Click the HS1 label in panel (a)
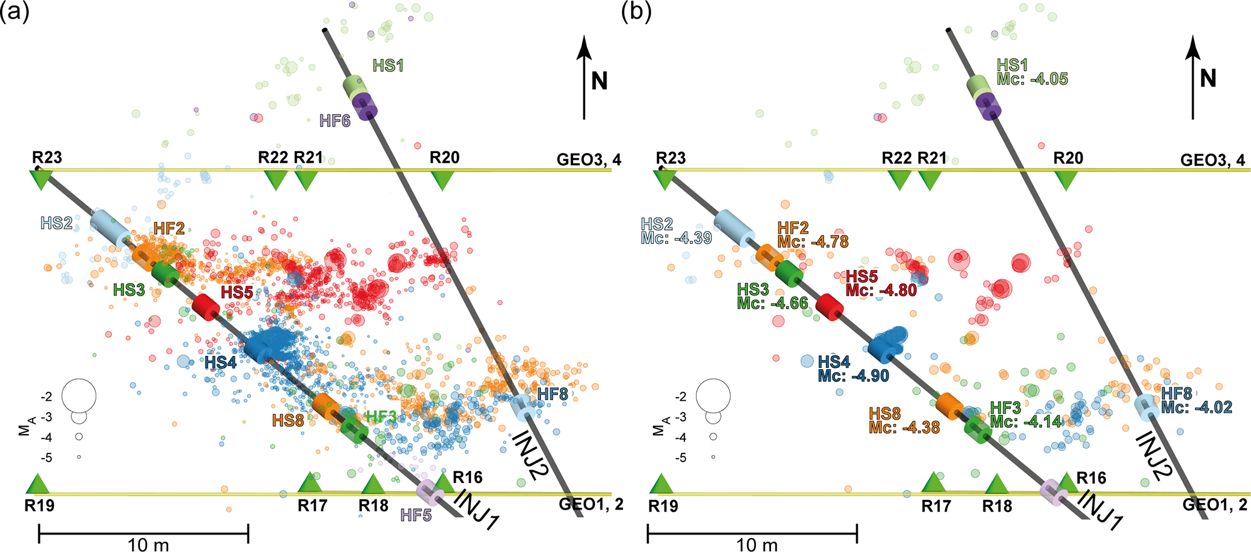coord(388,65)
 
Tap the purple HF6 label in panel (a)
coord(335,121)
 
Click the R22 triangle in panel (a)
coord(276,180)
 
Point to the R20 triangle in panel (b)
coord(1066,180)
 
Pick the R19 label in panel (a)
coord(39,505)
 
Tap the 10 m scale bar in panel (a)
coord(143,534)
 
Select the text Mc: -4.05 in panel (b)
coord(1033,79)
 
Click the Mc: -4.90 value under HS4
coord(853,376)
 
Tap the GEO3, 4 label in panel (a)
coord(589,160)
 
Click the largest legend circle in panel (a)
coord(79,396)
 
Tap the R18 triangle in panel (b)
coord(997,485)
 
